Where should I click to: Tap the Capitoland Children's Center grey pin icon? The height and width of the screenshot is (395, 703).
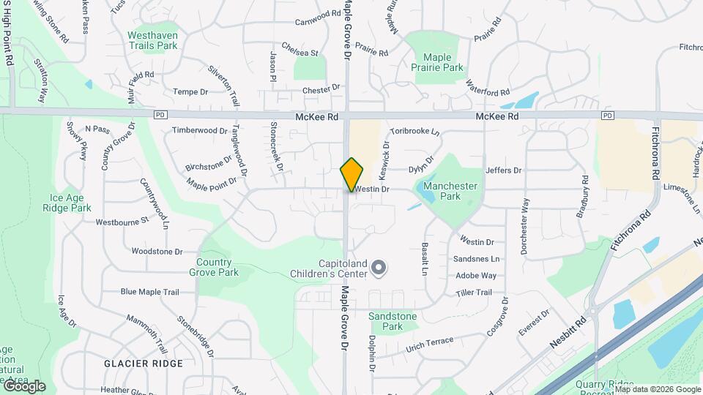click(379, 269)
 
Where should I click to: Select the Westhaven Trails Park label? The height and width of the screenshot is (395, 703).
click(152, 39)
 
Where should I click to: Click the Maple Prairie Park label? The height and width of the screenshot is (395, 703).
click(444, 62)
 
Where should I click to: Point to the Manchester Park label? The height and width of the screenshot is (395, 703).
click(450, 191)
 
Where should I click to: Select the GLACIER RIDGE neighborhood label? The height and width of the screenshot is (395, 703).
click(143, 363)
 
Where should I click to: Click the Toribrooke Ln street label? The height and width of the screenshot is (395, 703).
click(414, 132)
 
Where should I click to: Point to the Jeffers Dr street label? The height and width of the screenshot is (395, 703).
click(503, 170)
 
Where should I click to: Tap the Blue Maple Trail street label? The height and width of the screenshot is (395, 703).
click(149, 292)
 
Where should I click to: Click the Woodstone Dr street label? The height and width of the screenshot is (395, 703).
click(157, 251)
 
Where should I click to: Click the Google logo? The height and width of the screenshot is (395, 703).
click(23, 386)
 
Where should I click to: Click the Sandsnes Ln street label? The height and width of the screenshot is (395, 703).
click(476, 259)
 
